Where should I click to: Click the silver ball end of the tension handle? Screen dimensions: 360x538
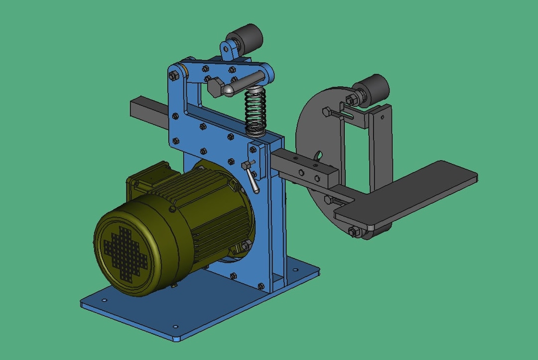(x=228, y=90)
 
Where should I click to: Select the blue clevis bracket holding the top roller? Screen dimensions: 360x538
(x=228, y=50)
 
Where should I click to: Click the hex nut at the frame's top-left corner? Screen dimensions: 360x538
(x=173, y=76)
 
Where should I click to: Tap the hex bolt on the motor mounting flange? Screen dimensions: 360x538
(x=246, y=244)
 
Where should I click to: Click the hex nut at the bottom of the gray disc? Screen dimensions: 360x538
(x=353, y=232)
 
